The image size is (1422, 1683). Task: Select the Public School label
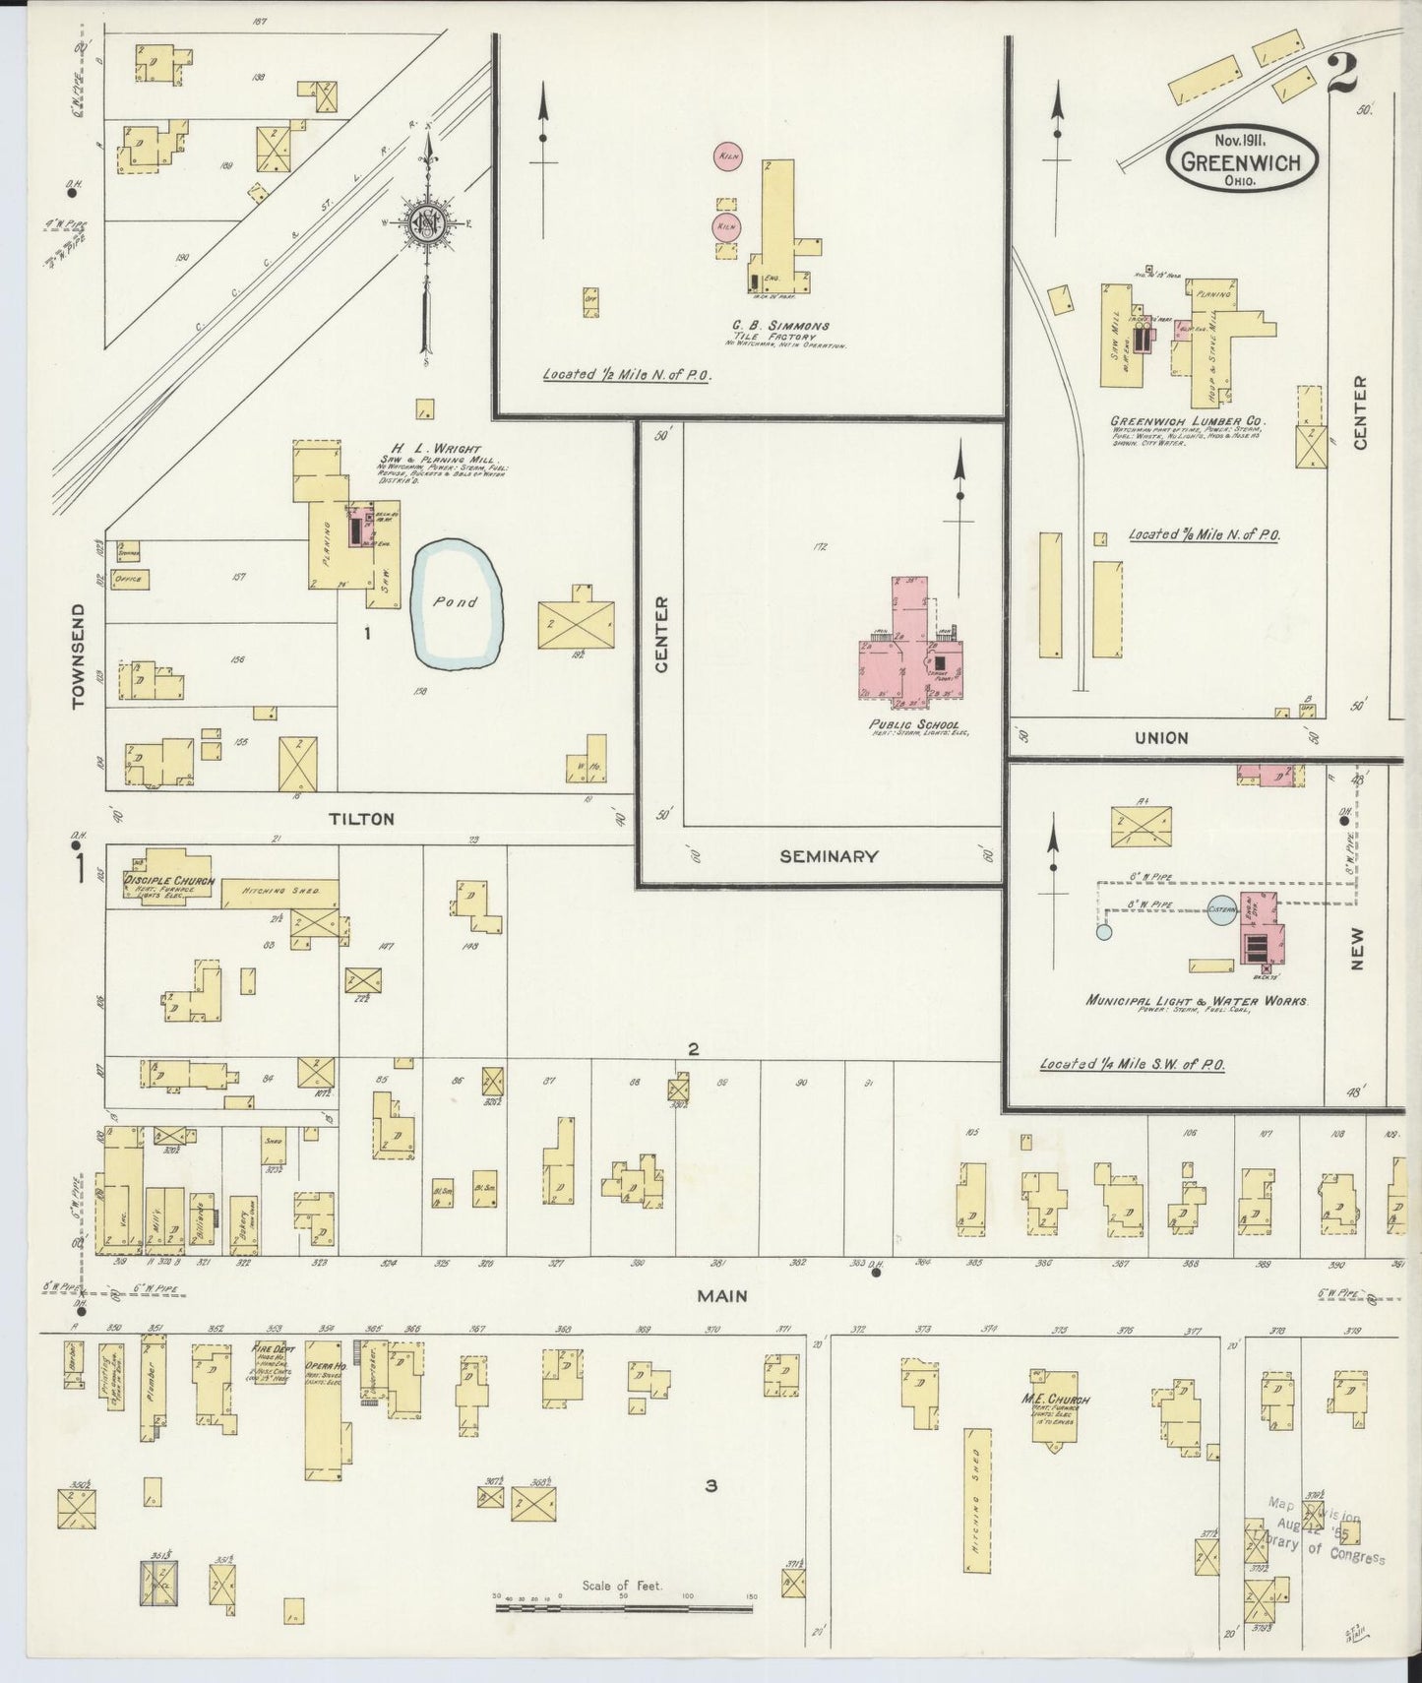point(914,725)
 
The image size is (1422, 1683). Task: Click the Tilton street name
point(361,819)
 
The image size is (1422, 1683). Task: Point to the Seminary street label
point(828,856)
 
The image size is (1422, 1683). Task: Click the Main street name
point(722,1296)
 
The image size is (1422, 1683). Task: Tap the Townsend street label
point(80,655)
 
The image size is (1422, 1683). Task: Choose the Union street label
point(1161,737)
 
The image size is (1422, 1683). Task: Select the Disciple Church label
point(169,880)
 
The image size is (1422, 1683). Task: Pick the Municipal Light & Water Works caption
point(1196,1000)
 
